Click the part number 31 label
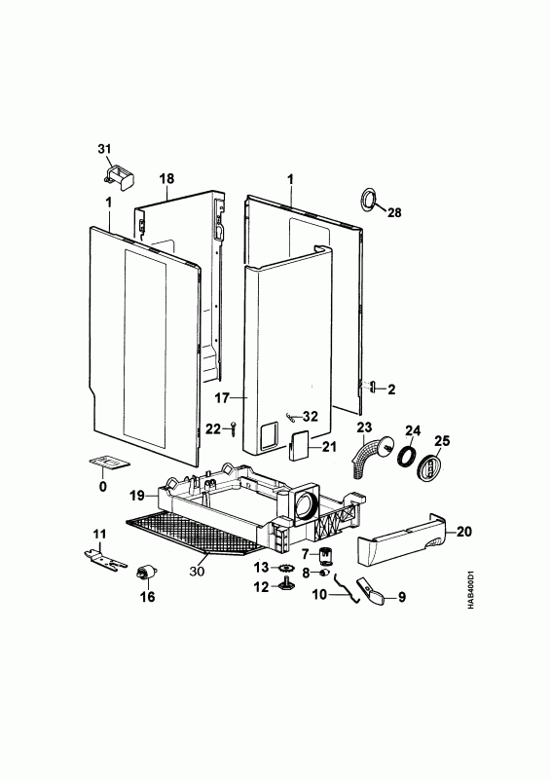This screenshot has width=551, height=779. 104,149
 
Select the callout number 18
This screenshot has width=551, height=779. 166,178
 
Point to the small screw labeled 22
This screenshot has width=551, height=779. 234,428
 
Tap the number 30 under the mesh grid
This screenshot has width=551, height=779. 197,572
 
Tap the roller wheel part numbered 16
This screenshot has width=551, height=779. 146,573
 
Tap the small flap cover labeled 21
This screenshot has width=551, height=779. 298,446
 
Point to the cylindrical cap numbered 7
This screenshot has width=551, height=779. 325,555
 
